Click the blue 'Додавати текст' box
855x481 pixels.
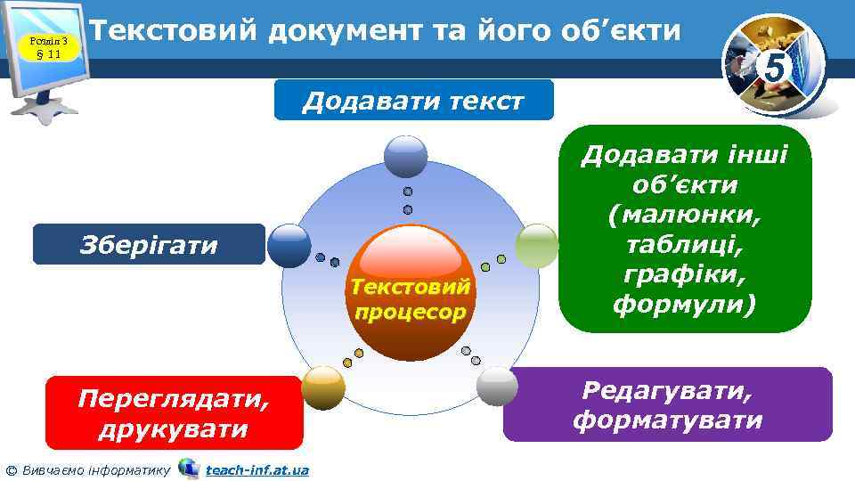[413, 100]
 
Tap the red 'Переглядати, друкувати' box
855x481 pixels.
[174, 412]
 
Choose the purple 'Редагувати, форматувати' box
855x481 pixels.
[668, 405]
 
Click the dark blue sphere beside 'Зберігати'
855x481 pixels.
[289, 246]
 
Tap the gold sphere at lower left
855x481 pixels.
[322, 387]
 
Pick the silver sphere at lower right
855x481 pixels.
[498, 387]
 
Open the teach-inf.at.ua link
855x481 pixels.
[257, 469]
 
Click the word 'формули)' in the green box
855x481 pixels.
[684, 305]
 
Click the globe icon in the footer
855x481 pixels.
[189, 468]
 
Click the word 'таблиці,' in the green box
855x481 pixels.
[684, 246]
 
